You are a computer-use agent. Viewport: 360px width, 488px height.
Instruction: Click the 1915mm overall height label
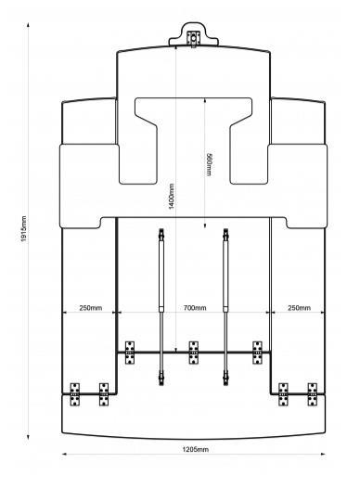point(24,229)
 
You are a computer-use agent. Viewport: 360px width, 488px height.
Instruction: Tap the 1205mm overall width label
point(196,449)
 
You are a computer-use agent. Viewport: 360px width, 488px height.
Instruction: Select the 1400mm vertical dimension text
point(171,197)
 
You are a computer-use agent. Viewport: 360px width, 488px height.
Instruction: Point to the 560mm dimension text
point(209,164)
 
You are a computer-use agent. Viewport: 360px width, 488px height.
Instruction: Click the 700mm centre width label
point(195,308)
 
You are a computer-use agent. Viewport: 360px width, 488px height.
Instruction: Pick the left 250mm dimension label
point(91,308)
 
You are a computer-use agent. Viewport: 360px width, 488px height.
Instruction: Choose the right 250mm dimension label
point(299,308)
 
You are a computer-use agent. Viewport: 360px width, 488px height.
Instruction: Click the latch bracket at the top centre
point(194,39)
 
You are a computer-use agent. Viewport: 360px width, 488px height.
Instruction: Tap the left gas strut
point(161,307)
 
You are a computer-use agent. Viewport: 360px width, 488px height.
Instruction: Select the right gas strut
point(225,307)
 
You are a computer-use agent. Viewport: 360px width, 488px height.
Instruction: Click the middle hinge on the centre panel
point(194,353)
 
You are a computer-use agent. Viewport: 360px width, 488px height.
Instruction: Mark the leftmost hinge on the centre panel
point(130,353)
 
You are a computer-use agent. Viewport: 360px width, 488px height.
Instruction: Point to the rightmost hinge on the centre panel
point(257,353)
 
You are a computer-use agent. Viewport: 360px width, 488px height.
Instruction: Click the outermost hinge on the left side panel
point(74,394)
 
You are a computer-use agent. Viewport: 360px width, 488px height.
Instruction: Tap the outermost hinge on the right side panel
point(313,394)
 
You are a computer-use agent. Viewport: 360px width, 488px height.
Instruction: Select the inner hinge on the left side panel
point(104,394)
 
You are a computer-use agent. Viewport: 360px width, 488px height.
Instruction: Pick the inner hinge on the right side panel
point(283,394)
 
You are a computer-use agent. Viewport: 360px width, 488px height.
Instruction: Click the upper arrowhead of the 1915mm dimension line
point(28,25)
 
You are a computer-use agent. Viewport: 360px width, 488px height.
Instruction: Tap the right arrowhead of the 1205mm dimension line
point(323,454)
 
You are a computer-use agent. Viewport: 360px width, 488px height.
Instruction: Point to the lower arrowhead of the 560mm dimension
point(205,225)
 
